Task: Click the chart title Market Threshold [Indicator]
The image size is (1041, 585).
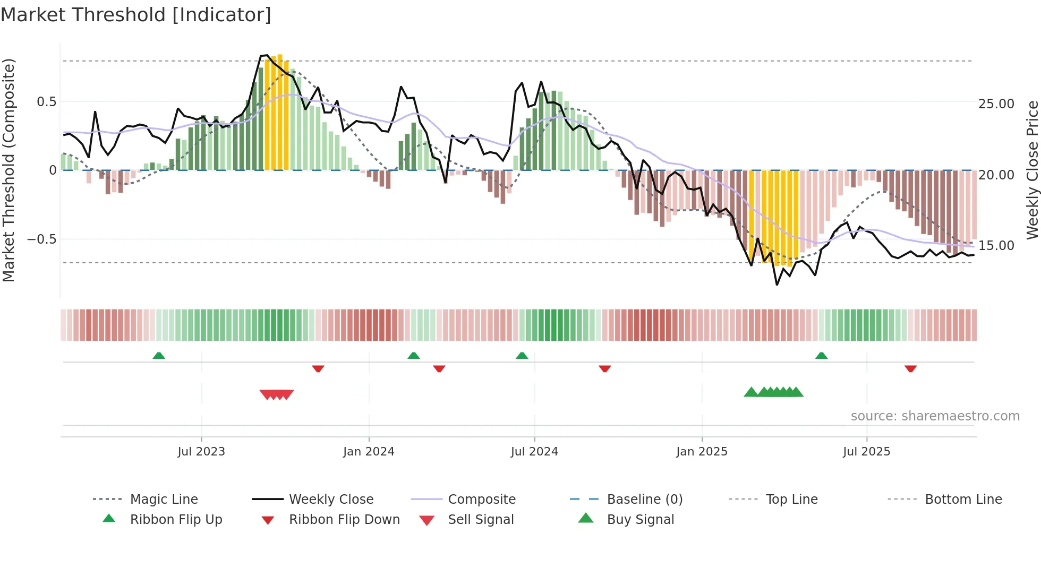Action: (x=136, y=15)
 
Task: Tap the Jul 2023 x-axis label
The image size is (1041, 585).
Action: (x=201, y=452)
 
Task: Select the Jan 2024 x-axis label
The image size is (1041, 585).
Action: (x=369, y=452)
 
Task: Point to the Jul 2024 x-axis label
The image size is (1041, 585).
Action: (x=534, y=452)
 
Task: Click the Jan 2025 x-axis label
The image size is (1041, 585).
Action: (x=702, y=452)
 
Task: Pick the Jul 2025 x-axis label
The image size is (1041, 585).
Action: (x=866, y=452)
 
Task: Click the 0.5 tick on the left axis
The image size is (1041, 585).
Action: (x=46, y=102)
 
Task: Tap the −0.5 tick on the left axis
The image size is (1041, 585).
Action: (x=41, y=239)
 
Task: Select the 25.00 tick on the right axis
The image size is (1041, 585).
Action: (x=996, y=104)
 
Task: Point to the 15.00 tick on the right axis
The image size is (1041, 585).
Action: (x=996, y=246)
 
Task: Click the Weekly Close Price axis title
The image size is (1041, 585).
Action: (x=1032, y=170)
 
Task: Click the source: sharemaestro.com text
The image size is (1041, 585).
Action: (x=935, y=416)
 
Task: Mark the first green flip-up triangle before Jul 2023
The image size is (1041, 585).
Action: (x=159, y=356)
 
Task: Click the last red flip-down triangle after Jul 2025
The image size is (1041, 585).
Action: (x=910, y=368)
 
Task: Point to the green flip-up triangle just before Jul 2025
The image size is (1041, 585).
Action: (x=821, y=356)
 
